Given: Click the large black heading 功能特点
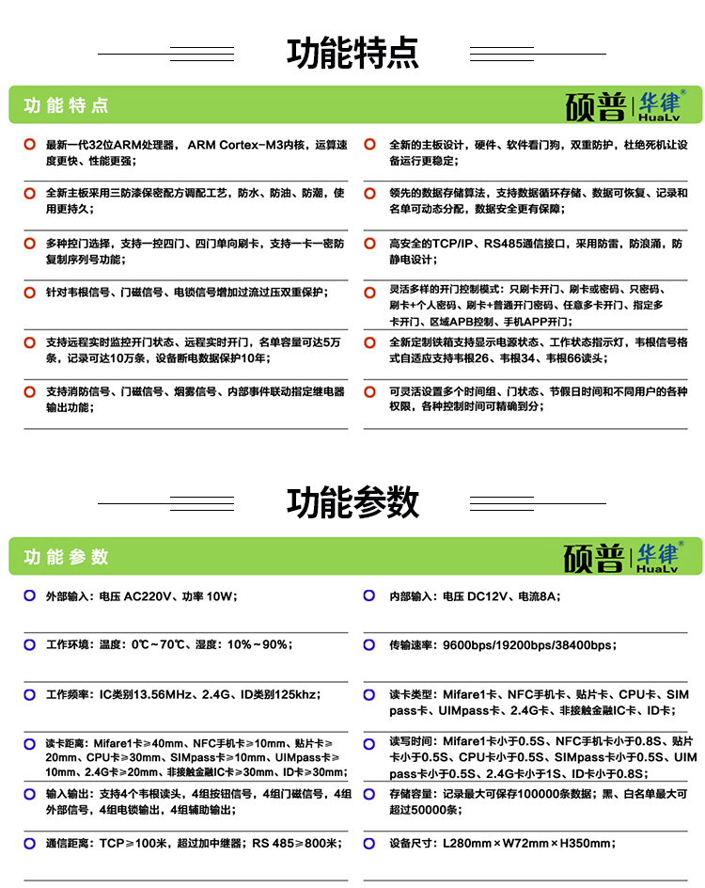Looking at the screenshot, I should coord(352,54).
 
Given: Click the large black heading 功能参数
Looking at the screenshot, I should coord(352,502).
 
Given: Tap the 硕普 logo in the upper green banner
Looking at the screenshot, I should coord(595,106).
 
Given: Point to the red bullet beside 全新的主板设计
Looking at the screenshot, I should coord(370,145).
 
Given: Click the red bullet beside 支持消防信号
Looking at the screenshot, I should coord(28,391).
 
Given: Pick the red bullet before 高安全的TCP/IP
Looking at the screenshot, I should coord(370,243).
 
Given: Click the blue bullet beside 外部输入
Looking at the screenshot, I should coord(28,595).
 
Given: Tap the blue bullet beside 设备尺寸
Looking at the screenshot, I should coord(370,844).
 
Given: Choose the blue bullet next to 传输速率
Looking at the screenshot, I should coord(370,644).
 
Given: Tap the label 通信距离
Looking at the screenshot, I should coord(70,844).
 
